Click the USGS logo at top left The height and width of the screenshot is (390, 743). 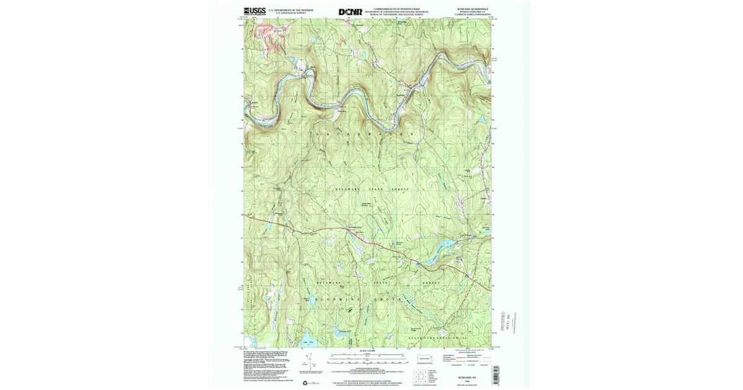[255, 11]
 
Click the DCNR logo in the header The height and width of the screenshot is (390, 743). [350, 12]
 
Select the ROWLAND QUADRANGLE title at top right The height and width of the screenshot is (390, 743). [475, 9]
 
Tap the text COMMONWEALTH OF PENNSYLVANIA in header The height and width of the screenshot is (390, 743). [396, 9]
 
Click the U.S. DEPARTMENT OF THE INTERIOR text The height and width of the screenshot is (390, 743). [290, 10]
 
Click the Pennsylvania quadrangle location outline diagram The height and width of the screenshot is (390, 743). [425, 357]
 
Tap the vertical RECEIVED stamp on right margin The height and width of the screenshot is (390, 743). [503, 323]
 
